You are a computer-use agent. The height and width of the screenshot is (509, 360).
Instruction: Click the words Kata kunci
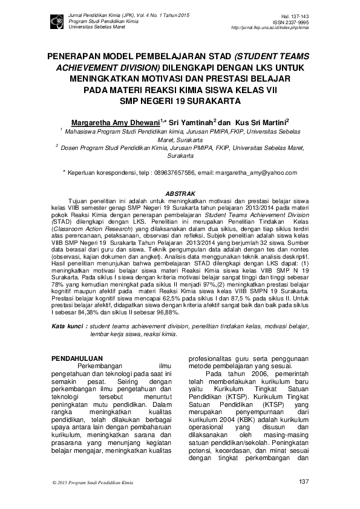pos(67,326)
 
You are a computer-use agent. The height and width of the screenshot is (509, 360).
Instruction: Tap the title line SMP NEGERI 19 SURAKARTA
pos(180,100)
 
